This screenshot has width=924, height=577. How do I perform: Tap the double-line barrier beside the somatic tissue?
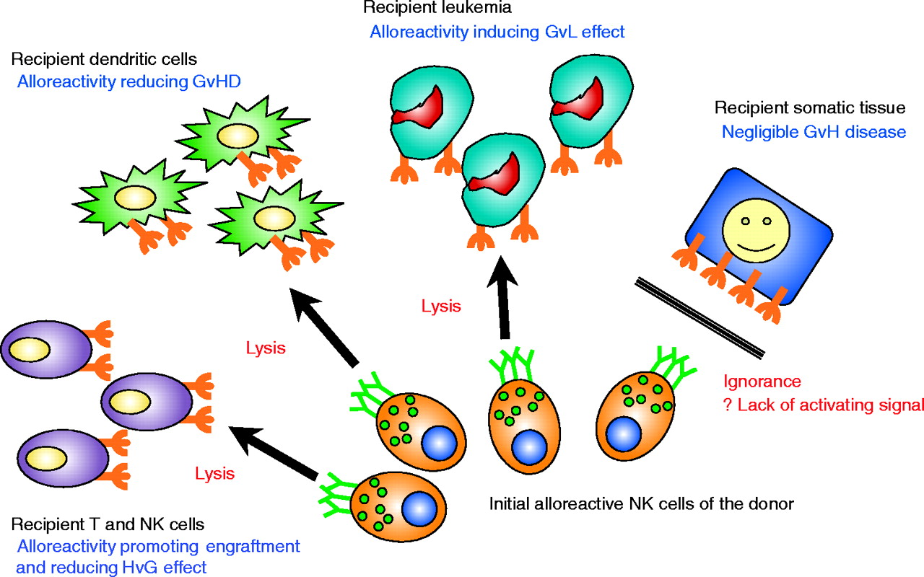click(x=699, y=317)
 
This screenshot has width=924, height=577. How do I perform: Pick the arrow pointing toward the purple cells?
click(x=274, y=452)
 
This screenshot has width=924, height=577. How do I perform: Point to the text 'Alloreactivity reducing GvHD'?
click(x=128, y=82)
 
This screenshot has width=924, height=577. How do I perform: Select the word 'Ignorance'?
click(x=762, y=382)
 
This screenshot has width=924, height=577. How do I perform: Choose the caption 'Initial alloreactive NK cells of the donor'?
click(x=642, y=503)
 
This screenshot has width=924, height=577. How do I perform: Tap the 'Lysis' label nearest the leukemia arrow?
click(x=441, y=305)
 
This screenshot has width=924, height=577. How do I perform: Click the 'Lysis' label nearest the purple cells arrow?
click(x=215, y=474)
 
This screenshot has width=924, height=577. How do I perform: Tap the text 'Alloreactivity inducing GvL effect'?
click(x=497, y=32)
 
